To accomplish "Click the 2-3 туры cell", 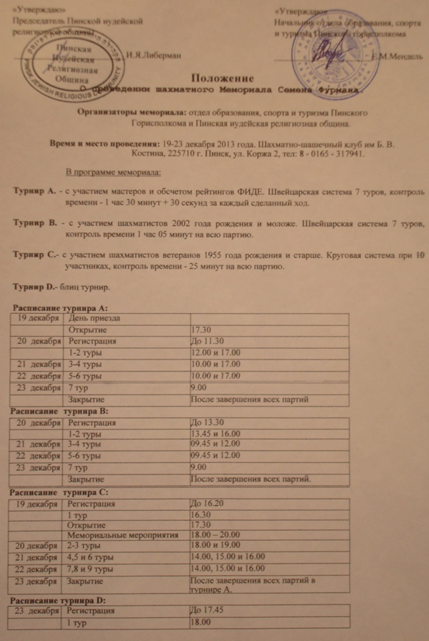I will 84,546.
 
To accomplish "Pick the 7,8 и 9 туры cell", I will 89,569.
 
